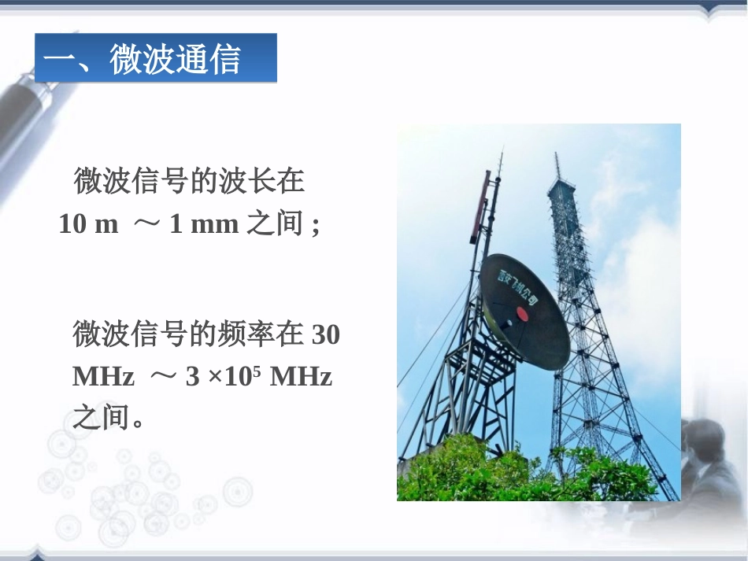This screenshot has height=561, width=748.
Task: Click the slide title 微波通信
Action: [175, 60]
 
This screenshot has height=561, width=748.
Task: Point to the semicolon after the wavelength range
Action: [316, 226]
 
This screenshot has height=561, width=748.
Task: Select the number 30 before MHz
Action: [326, 335]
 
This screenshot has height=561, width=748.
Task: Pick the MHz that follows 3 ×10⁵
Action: [301, 377]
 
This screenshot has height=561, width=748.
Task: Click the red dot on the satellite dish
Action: [520, 312]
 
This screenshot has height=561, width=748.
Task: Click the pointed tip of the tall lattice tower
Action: [556, 157]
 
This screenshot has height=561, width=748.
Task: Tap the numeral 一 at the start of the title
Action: [59, 60]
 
